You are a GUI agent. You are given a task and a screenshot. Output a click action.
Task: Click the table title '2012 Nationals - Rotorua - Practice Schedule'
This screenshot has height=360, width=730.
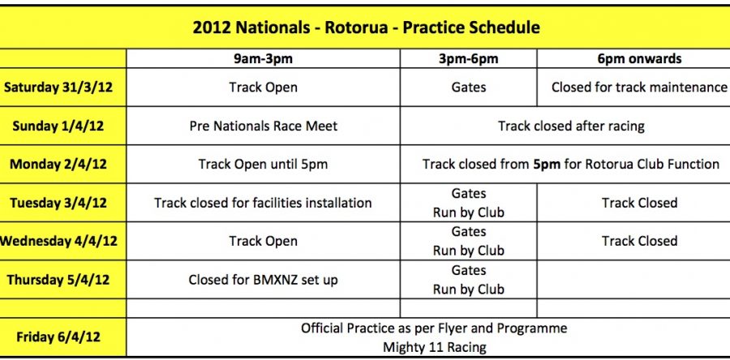(366, 28)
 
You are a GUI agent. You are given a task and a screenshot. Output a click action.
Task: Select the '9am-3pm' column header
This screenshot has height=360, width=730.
(263, 58)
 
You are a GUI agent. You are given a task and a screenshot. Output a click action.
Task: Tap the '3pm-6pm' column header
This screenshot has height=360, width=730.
(468, 58)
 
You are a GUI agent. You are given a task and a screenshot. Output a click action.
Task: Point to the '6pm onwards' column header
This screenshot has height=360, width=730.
(639, 58)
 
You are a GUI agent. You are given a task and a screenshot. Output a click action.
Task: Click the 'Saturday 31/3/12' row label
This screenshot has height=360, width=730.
(63, 87)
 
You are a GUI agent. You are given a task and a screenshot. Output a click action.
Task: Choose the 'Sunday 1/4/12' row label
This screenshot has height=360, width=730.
(63, 126)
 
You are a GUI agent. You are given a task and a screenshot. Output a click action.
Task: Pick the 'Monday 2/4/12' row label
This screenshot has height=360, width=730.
(63, 164)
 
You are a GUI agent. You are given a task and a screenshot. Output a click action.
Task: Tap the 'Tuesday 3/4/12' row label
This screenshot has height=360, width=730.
(63, 203)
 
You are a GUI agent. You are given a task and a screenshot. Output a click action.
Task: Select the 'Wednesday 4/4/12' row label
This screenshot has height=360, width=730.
(60, 241)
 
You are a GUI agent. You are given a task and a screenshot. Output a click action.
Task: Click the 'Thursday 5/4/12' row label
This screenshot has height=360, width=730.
(63, 280)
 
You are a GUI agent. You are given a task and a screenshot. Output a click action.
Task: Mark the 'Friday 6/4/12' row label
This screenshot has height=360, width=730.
(63, 337)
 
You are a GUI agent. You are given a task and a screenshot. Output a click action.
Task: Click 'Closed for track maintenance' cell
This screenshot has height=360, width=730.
(639, 87)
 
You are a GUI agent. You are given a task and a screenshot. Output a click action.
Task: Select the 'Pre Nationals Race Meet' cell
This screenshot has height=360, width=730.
(263, 126)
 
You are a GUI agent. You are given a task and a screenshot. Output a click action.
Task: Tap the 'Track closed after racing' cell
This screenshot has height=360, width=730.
(571, 126)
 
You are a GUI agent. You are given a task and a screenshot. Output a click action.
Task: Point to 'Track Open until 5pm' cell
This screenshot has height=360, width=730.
(263, 164)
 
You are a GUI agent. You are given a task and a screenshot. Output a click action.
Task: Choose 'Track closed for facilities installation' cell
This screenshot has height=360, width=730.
(263, 203)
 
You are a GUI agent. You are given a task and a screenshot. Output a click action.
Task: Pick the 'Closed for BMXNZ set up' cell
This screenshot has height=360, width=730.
(263, 280)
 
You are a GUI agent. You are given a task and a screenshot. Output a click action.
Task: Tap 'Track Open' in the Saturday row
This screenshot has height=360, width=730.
(263, 87)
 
